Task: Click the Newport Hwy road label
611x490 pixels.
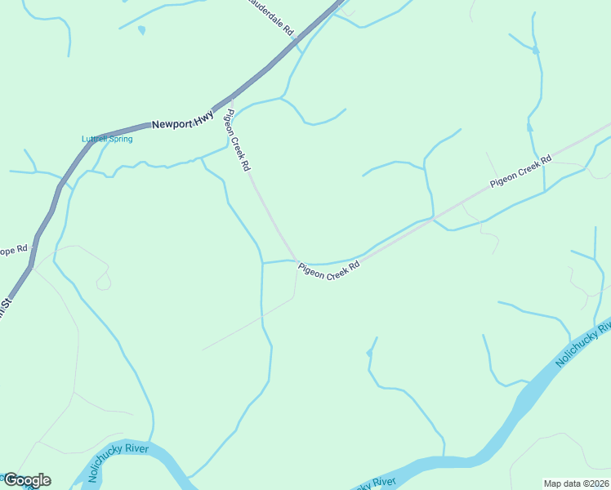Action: coord(182,120)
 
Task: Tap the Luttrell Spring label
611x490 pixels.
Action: coord(107,139)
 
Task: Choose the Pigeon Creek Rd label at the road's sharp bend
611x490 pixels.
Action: coord(328,270)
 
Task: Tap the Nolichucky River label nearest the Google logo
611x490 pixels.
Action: coord(118,462)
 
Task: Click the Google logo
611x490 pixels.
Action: coord(27,479)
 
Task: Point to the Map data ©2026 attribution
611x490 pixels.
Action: coord(576,483)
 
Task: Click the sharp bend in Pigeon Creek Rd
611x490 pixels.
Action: coord(296,261)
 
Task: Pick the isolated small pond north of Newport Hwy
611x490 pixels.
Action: coord(142,30)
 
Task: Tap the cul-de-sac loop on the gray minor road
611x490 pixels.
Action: coord(103,282)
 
